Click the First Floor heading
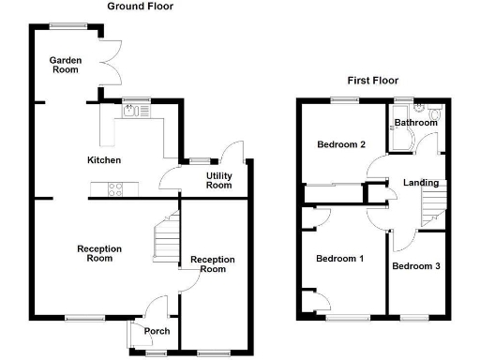pyautogui.click(x=374, y=81)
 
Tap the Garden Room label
pyautogui.click(x=66, y=65)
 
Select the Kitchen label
pyautogui.click(x=103, y=160)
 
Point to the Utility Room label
pyautogui.click(x=218, y=180)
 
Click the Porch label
pyautogui.click(x=155, y=331)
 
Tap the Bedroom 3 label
pyautogui.click(x=415, y=266)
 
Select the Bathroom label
pyautogui.click(x=415, y=123)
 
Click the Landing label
pyautogui.click(x=418, y=182)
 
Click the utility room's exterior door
pyautogui.click(x=232, y=154)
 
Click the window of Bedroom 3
pyautogui.click(x=413, y=318)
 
